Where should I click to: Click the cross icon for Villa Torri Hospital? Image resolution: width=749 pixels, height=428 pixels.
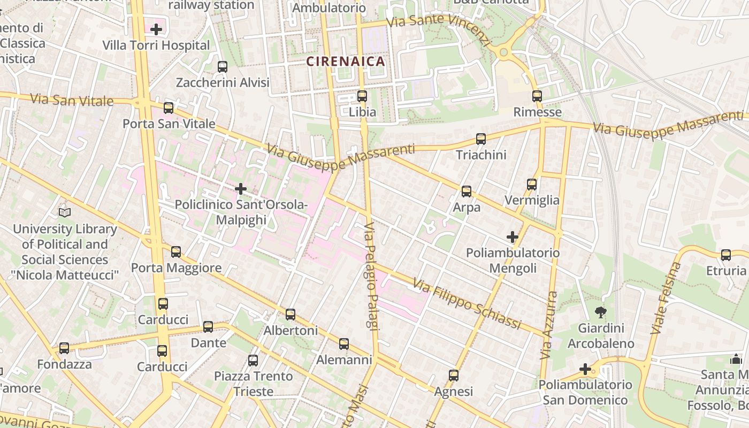click(156, 29)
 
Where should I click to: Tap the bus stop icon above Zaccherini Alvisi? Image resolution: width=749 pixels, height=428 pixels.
click(223, 67)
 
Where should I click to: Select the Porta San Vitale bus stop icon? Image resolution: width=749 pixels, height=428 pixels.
click(169, 108)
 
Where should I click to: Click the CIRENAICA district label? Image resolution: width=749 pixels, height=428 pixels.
click(346, 61)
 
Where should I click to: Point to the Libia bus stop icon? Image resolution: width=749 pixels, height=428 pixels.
click(362, 96)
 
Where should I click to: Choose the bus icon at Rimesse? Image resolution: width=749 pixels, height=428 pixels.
click(537, 96)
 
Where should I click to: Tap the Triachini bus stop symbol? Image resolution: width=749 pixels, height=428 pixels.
click(481, 139)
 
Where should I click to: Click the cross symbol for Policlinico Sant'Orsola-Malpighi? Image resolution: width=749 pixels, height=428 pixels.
click(241, 188)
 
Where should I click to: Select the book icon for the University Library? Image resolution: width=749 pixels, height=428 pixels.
click(65, 212)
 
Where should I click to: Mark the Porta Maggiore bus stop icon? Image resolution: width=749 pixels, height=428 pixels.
click(176, 251)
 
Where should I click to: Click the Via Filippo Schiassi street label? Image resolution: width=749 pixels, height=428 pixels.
click(467, 303)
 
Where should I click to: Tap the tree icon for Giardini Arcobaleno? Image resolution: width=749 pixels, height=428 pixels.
click(601, 312)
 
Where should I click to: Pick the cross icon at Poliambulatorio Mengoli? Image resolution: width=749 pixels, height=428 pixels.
click(513, 236)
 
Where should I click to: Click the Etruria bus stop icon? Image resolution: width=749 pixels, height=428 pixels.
click(726, 255)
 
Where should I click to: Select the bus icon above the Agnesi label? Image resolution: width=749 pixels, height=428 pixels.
click(454, 376)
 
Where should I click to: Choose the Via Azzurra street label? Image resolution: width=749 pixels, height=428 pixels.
click(549, 325)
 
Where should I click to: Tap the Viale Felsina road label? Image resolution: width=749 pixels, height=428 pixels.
click(667, 298)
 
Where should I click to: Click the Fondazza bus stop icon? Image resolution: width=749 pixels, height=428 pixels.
click(64, 348)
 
